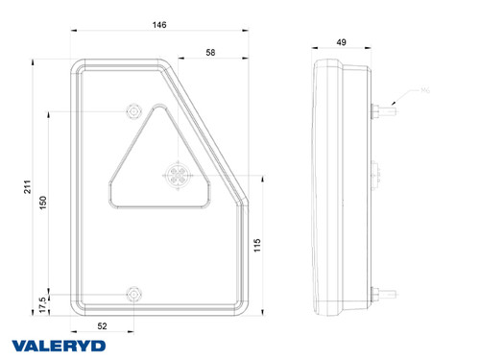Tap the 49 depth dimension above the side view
coord(340,42)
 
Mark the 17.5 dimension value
coord(42,300)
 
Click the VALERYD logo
coord(60,345)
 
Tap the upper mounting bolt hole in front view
coord(132,112)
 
